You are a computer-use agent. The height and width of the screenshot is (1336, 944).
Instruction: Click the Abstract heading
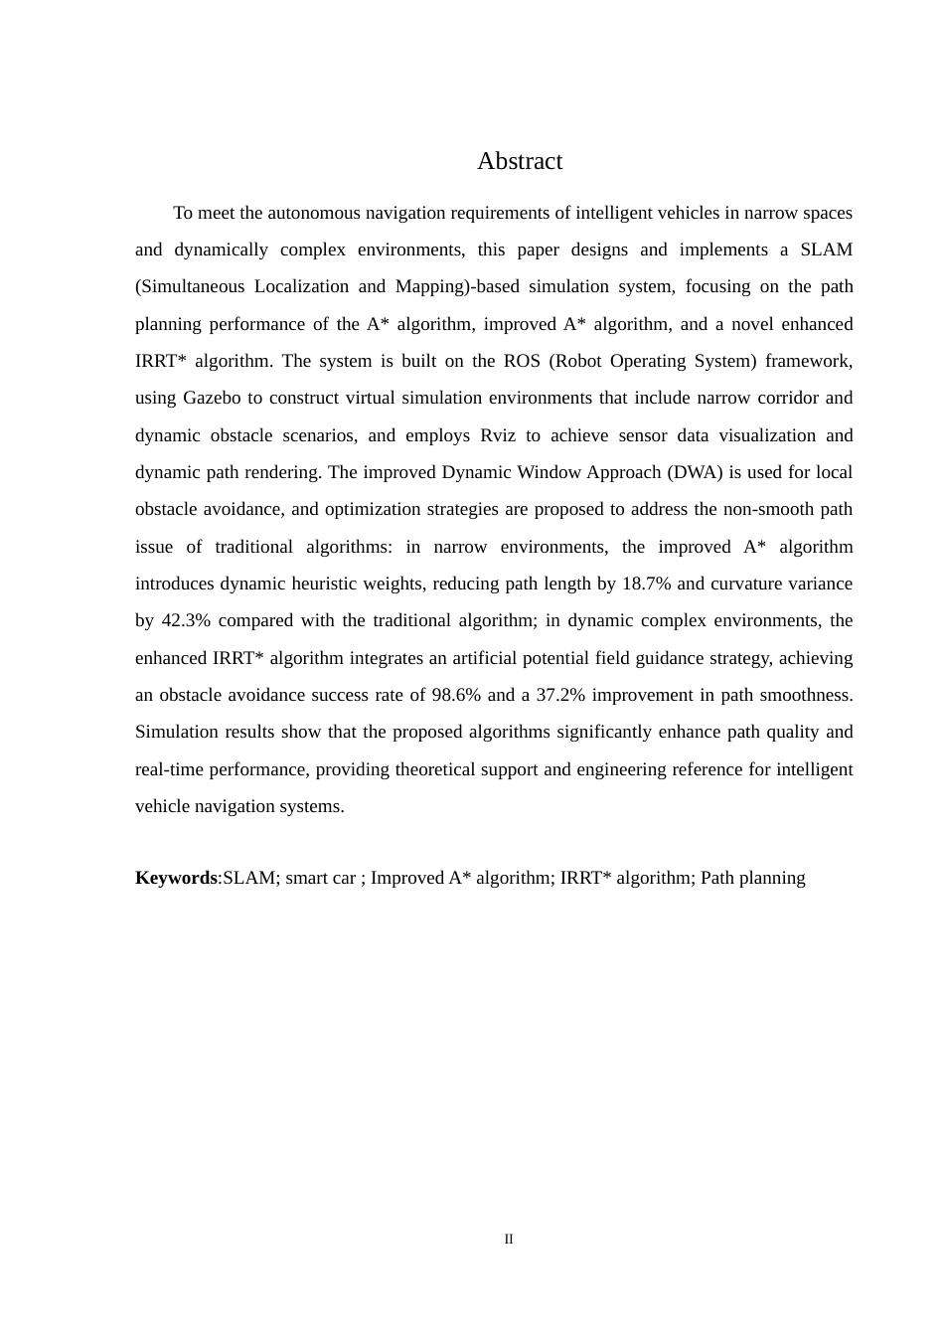point(519,161)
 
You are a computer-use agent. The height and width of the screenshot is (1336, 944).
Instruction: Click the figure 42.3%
point(186,620)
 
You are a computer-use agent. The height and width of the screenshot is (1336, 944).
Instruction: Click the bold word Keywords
point(176,878)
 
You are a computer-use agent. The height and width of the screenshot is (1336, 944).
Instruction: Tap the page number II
point(509,1240)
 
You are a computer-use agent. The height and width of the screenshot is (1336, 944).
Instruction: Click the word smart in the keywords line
point(307,878)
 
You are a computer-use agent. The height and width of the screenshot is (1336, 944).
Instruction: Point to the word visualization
point(762,435)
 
